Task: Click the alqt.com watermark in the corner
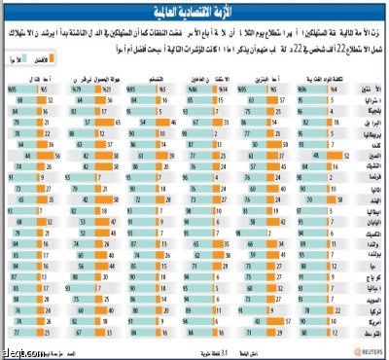[18, 352]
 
